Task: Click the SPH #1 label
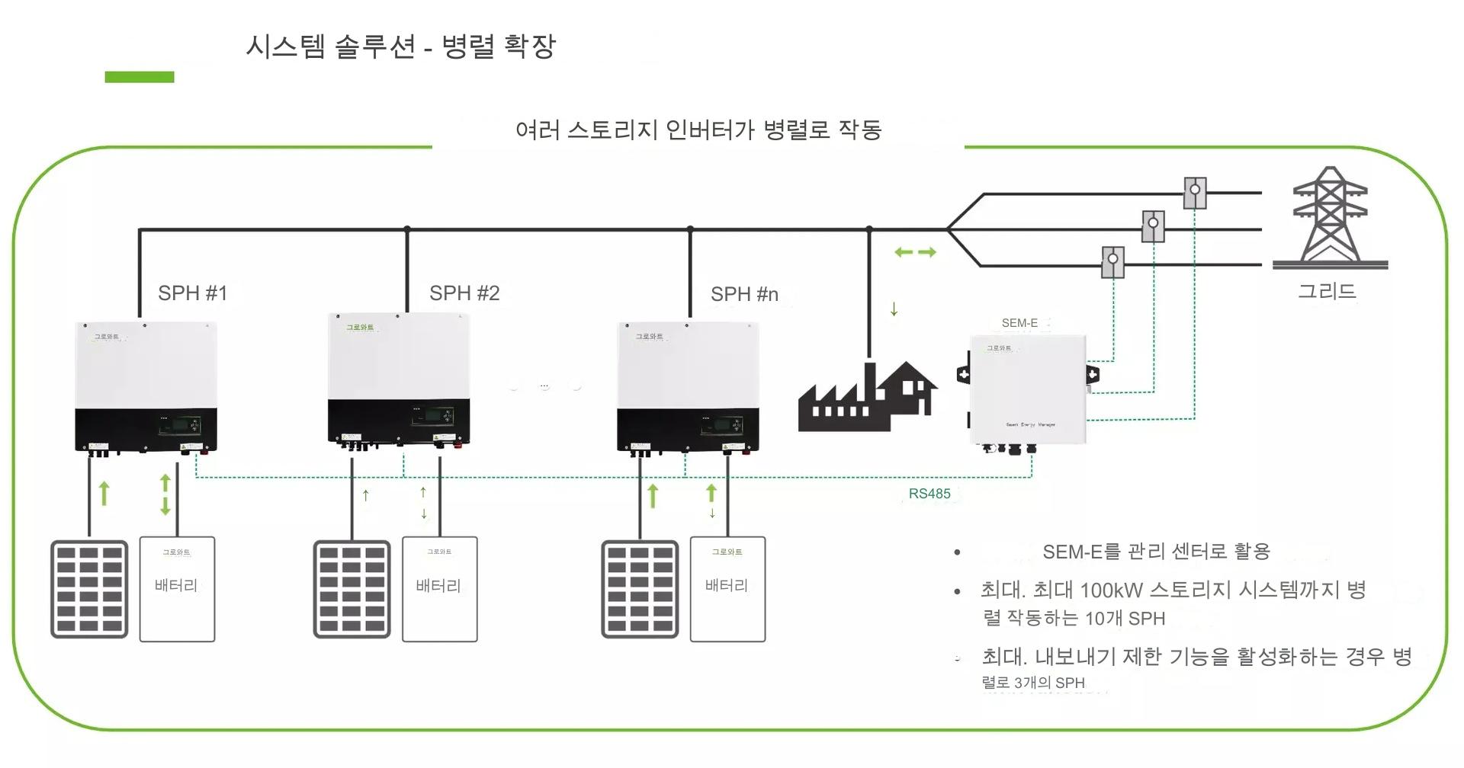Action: [x=192, y=293]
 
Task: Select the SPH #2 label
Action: [x=464, y=293]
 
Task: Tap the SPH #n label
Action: [x=744, y=294]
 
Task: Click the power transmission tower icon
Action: [x=1330, y=217]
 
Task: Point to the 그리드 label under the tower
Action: [x=1327, y=291]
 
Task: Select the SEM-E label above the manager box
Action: [x=1019, y=323]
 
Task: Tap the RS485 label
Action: [x=929, y=494]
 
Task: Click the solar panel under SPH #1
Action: [x=89, y=589]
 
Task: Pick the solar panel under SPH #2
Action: [x=352, y=589]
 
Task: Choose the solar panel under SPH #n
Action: [x=640, y=589]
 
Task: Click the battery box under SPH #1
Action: [x=177, y=589]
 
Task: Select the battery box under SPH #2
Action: [x=439, y=589]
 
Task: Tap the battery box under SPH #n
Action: [x=727, y=589]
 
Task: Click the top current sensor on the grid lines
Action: [x=1195, y=193]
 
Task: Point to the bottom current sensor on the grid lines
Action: [x=1113, y=261]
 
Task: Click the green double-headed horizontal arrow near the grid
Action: [x=915, y=252]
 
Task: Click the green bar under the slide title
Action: [x=140, y=77]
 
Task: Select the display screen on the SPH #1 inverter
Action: [x=180, y=425]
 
